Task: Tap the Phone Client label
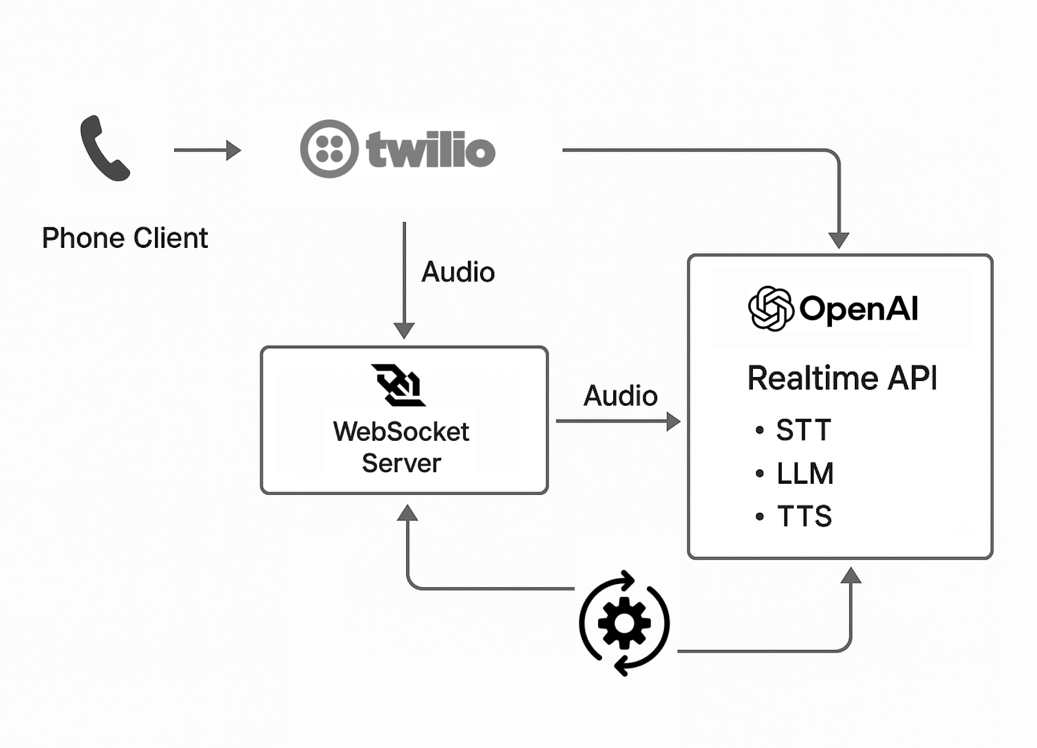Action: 125,238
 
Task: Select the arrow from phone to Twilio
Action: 207,150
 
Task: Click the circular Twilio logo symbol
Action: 329,149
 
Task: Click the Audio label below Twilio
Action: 458,272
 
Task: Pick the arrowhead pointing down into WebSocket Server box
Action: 404,330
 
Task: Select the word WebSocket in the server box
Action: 401,432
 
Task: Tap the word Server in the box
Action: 402,463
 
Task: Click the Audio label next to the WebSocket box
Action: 620,395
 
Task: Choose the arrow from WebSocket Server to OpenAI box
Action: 618,421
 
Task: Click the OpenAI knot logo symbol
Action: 770,308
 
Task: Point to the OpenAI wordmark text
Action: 859,308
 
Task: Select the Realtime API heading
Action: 842,378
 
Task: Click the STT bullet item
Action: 803,430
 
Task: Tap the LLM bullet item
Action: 804,473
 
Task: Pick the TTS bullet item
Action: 804,516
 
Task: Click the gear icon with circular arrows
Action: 624,623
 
